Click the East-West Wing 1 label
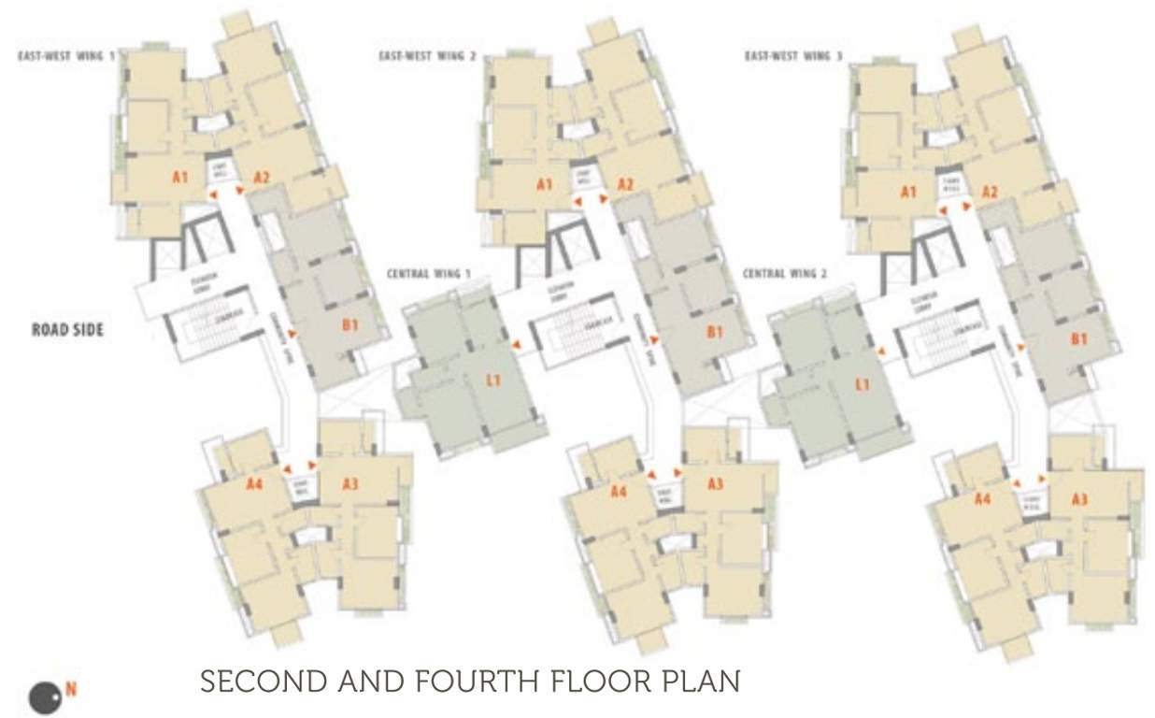pyautogui.click(x=66, y=56)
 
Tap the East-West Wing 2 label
pyautogui.click(x=427, y=56)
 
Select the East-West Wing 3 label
pyautogui.click(x=793, y=56)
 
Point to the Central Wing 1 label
pyautogui.click(x=430, y=274)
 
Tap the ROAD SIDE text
pyautogui.click(x=67, y=329)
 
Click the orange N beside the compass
pyautogui.click(x=70, y=692)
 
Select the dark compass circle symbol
pyautogui.click(x=44, y=698)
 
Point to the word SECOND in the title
pyautogui.click(x=253, y=681)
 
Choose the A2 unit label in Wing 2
pyautogui.click(x=626, y=184)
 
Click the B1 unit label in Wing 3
pyautogui.click(x=1077, y=340)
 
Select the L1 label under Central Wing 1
pyautogui.click(x=494, y=380)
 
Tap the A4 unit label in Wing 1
pyautogui.click(x=254, y=483)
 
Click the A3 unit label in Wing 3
pyautogui.click(x=1078, y=499)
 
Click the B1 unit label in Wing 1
pyautogui.click(x=350, y=325)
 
